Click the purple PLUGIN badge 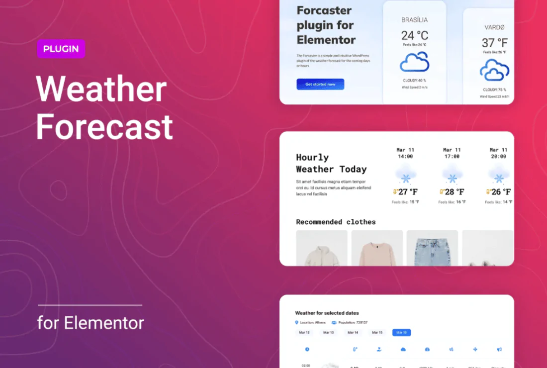[61, 49]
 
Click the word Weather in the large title [101, 90]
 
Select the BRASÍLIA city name [414, 20]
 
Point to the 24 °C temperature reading [414, 35]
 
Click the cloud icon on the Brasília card [414, 62]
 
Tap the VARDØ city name [494, 27]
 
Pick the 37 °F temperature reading [494, 43]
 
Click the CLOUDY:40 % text [414, 80]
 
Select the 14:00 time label [405, 157]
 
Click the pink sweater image [377, 249]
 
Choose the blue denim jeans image [432, 249]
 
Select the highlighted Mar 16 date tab [401, 332]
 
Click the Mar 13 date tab [328, 332]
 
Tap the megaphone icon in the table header [499, 350]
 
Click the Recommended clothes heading [336, 222]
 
